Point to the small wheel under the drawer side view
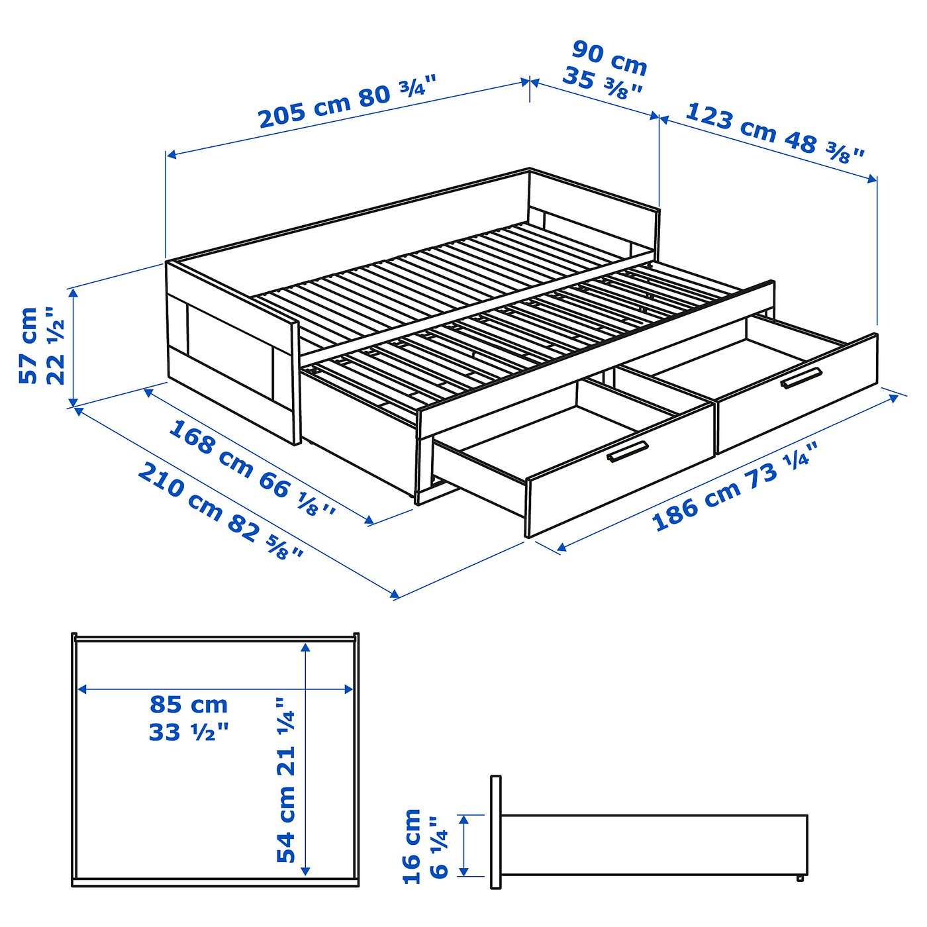click(x=800, y=879)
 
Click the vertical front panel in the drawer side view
click(x=495, y=832)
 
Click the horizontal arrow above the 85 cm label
click(x=215, y=689)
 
